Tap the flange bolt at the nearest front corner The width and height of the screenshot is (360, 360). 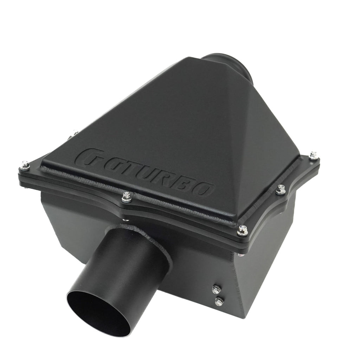pyautogui.click(x=242, y=230)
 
